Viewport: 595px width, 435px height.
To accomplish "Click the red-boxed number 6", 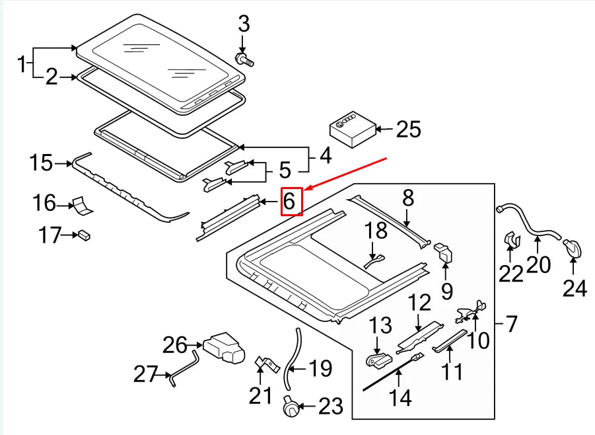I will click(x=291, y=201).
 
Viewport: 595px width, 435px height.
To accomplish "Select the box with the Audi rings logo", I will click(x=353, y=129).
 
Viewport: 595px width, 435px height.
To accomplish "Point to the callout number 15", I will click(x=41, y=163).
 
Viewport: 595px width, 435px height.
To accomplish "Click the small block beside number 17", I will click(x=84, y=233).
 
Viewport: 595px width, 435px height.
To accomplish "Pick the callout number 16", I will click(x=45, y=203).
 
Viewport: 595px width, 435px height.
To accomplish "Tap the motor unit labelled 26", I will click(x=223, y=346).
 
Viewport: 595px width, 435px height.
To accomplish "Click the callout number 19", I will click(x=320, y=368).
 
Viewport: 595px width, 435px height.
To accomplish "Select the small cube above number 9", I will click(x=443, y=253).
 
